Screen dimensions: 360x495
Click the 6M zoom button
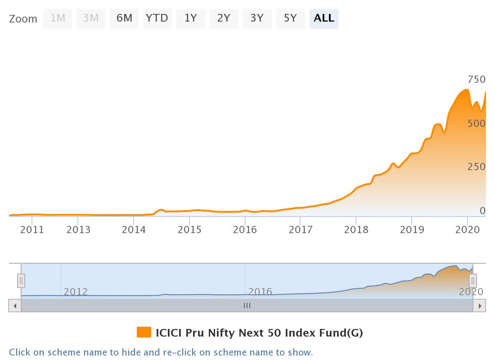coord(124,18)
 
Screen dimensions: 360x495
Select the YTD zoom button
coord(157,18)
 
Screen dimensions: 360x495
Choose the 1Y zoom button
coord(191,18)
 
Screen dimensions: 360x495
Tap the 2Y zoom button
coord(224,18)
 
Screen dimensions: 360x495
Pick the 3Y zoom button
coord(257,18)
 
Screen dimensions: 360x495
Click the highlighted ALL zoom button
coord(324,18)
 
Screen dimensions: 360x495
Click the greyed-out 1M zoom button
coord(58,18)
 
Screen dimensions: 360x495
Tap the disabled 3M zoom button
coord(91,18)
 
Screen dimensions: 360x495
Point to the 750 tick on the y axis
coord(477,80)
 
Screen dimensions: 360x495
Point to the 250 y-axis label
coord(477,167)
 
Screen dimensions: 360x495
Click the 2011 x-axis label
coord(32,230)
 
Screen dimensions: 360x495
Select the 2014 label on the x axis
coord(134,230)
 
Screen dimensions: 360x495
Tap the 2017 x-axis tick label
coord(301,230)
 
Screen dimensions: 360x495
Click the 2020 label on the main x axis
coord(468,230)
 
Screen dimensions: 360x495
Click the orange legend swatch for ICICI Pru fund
coord(144,333)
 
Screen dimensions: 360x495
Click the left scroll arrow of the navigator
coord(15,306)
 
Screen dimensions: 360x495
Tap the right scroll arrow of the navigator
coord(480,306)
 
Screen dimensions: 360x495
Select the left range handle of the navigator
coord(21,281)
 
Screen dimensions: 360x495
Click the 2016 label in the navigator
coord(260,292)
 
